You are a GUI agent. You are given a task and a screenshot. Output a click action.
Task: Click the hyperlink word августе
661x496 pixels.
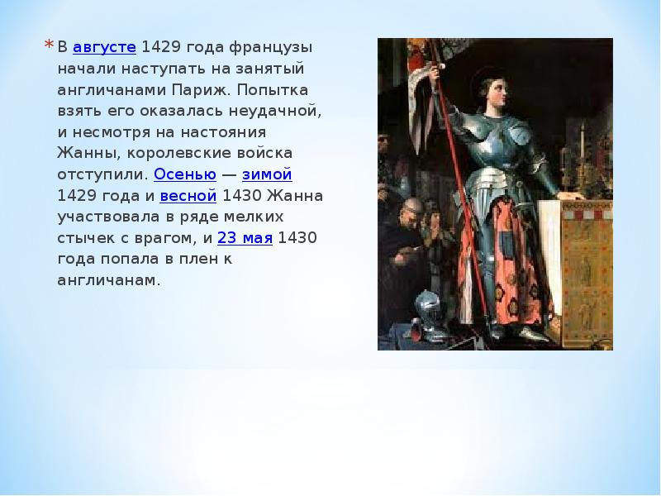pyautogui.click(x=105, y=47)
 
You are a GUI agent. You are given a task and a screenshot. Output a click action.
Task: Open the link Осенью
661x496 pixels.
pyautogui.click(x=185, y=174)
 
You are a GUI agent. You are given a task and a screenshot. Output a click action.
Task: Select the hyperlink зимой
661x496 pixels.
pyautogui.click(x=267, y=174)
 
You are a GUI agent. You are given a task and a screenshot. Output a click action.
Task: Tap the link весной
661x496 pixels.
pyautogui.click(x=188, y=196)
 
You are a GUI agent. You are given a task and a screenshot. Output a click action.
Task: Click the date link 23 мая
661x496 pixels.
pyautogui.click(x=245, y=238)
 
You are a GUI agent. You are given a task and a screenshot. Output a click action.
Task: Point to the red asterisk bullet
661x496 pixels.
pyautogui.click(x=49, y=45)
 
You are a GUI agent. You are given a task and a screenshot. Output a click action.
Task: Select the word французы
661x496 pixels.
pyautogui.click(x=271, y=48)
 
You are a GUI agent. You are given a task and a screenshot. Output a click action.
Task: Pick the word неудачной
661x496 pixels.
pyautogui.click(x=275, y=111)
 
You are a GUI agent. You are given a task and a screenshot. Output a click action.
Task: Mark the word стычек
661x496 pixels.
pyautogui.click(x=86, y=238)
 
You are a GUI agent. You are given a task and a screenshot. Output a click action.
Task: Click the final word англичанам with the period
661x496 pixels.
pyautogui.click(x=109, y=280)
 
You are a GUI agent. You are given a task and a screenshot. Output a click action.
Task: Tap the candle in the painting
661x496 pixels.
pyautogui.click(x=583, y=139)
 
